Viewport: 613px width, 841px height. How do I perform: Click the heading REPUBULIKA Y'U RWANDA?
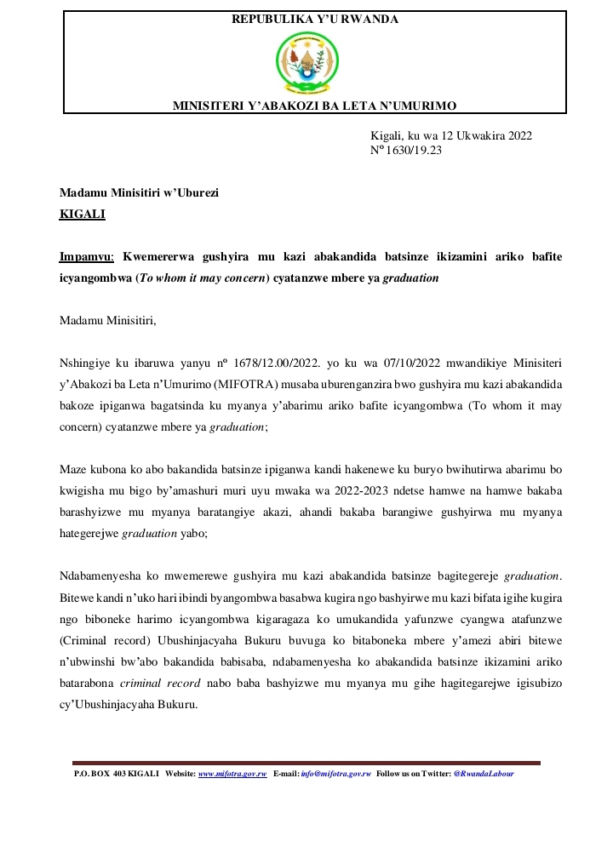tap(315, 19)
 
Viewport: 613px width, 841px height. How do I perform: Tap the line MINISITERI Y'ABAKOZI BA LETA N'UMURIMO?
tap(315, 106)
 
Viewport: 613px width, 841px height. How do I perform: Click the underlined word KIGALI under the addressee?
tap(82, 215)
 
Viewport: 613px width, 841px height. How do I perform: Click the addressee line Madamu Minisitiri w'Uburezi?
tap(139, 193)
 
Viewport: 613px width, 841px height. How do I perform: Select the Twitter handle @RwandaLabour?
tap(484, 774)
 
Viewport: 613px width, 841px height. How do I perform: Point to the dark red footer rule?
tap(306, 763)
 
